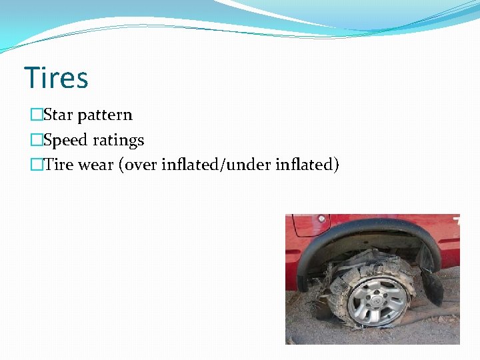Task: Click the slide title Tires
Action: [x=56, y=78]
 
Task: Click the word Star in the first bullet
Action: [x=58, y=115]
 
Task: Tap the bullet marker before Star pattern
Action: [x=36, y=115]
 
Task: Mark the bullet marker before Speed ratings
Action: [x=36, y=141]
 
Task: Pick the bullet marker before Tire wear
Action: [x=36, y=165]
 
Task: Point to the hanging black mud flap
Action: [x=431, y=285]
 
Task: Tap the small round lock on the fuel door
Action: [x=321, y=219]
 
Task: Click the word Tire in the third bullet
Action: [x=59, y=165]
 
